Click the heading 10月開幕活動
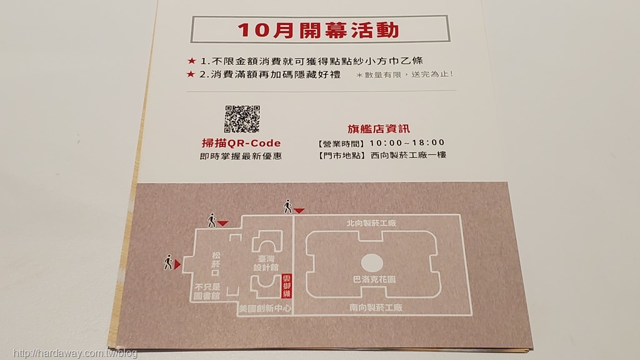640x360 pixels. (x=318, y=30)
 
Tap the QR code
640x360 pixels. (x=242, y=119)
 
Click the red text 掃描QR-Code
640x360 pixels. (x=241, y=143)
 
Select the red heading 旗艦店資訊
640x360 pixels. (x=378, y=129)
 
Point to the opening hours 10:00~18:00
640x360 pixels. (x=407, y=143)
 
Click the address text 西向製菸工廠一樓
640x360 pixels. (x=408, y=155)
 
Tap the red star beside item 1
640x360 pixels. (x=191, y=61)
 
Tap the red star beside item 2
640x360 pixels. (x=191, y=74)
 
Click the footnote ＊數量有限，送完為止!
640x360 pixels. (x=404, y=75)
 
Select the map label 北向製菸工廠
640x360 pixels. (x=371, y=223)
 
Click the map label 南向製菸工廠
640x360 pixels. (x=376, y=307)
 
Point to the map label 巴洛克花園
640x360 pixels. (x=374, y=279)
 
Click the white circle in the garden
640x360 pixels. (x=372, y=263)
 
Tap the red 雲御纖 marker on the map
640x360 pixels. (x=287, y=286)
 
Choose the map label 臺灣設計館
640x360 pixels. (x=266, y=263)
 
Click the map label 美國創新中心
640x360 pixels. (x=265, y=309)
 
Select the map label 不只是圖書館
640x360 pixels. (x=207, y=291)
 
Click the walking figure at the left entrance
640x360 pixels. (x=168, y=262)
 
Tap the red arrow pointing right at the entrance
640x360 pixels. (x=177, y=265)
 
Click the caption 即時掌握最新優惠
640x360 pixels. (x=241, y=156)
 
